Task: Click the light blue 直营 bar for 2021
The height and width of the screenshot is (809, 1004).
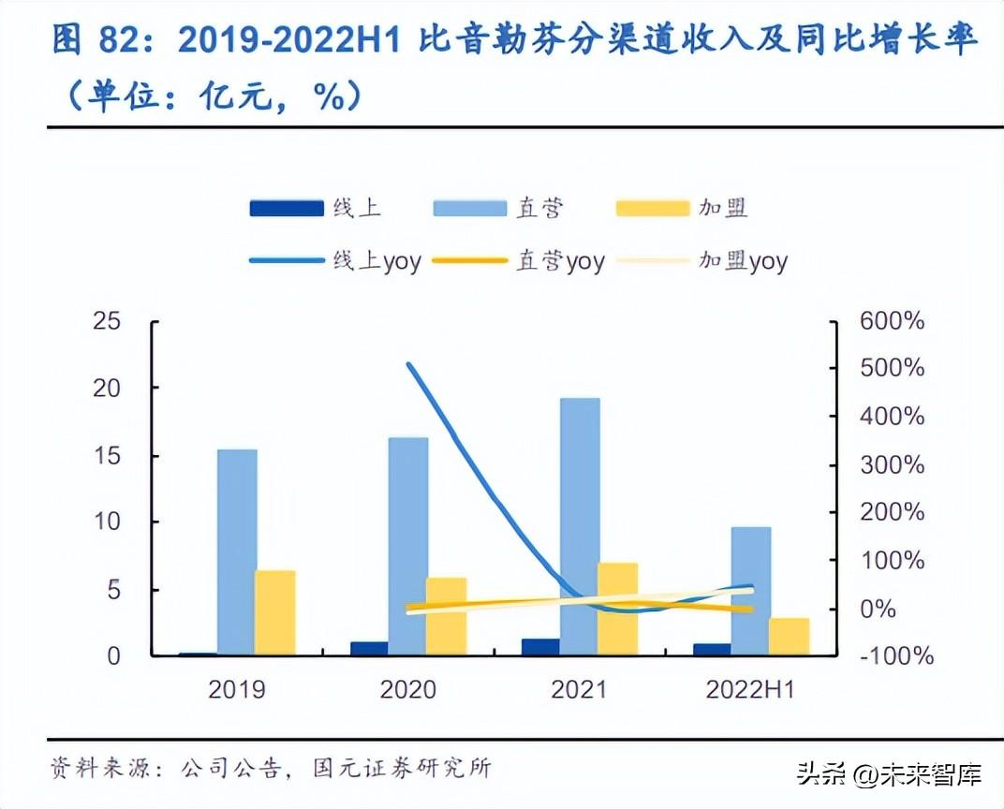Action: [x=580, y=526]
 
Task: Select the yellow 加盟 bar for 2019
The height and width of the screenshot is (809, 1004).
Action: [x=275, y=612]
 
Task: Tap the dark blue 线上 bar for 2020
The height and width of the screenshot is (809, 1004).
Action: [x=369, y=648]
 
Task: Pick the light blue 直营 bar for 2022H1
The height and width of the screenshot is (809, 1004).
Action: [x=751, y=591]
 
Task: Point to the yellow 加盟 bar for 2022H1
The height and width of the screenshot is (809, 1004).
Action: [x=789, y=637]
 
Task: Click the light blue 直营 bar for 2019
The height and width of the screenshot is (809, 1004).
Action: [x=237, y=552]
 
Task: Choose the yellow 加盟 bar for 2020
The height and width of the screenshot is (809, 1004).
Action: [x=446, y=616]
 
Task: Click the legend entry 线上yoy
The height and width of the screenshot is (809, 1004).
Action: [x=334, y=261]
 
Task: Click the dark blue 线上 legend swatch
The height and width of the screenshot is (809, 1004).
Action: [x=286, y=209]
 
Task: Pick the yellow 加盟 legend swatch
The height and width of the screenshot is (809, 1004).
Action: [x=653, y=209]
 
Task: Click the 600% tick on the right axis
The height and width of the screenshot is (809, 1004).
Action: [x=891, y=321]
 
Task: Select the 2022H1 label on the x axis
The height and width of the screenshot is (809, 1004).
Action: [x=749, y=690]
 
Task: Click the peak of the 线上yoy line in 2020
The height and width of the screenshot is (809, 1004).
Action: [x=408, y=364]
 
